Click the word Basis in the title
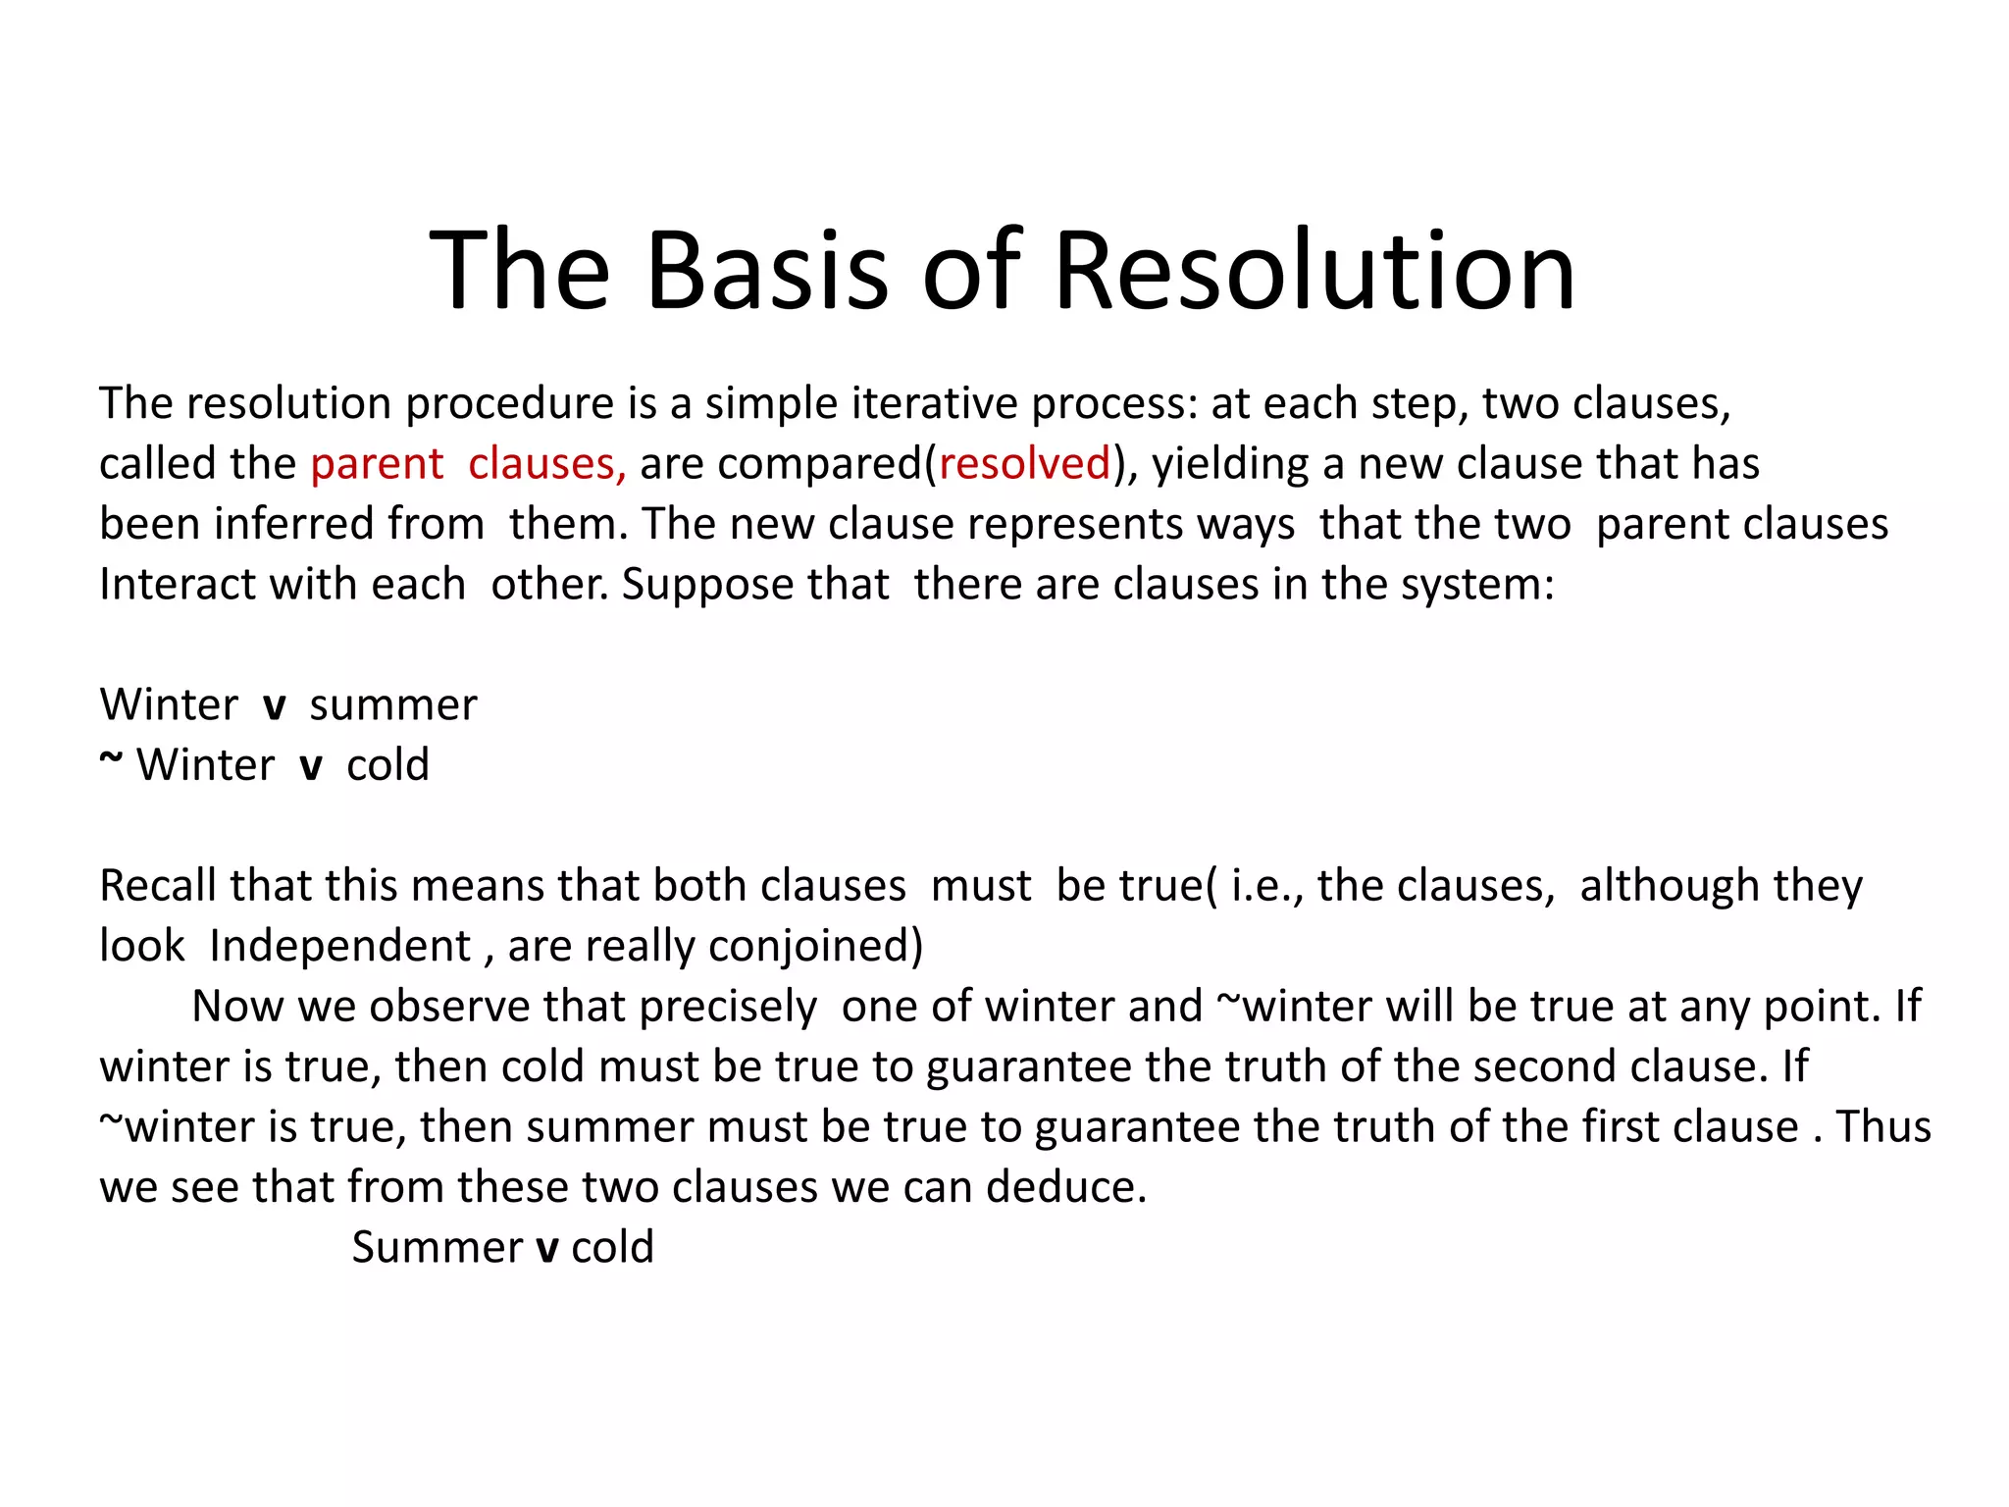tap(766, 270)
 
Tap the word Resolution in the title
tap(1314, 270)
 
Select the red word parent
tap(377, 464)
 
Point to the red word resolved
tap(1024, 464)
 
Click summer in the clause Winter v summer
tap(393, 705)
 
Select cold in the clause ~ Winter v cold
tap(387, 765)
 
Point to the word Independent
tap(340, 947)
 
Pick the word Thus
tap(1882, 1127)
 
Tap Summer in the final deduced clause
tap(438, 1248)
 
